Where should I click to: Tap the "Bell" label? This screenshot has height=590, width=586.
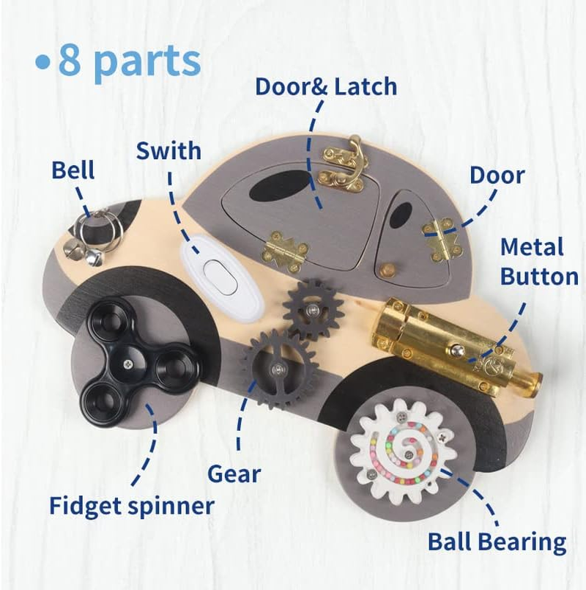click(x=73, y=171)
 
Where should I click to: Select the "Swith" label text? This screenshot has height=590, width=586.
click(x=168, y=152)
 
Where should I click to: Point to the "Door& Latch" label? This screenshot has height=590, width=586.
click(x=325, y=86)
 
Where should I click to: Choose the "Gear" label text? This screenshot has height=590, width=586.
click(x=234, y=473)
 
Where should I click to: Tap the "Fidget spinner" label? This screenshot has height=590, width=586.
click(x=132, y=505)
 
